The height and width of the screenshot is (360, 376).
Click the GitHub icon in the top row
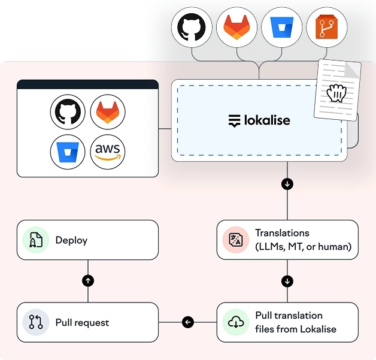pyautogui.click(x=192, y=27)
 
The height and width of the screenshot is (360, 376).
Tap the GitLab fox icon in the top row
pyautogui.click(x=236, y=27)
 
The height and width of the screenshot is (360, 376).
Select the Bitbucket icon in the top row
pyautogui.click(x=281, y=27)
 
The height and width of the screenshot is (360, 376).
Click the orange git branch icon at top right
pyautogui.click(x=326, y=27)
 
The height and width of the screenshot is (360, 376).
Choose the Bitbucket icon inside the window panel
pyautogui.click(x=66, y=151)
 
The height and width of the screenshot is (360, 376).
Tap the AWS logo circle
pyautogui.click(x=108, y=151)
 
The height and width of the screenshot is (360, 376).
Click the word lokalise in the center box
pyautogui.click(x=266, y=120)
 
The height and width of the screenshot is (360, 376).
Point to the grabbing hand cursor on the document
pyautogui.click(x=337, y=93)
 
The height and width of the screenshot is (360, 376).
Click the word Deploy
pyautogui.click(x=71, y=240)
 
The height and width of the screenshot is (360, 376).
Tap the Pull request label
pyautogui.click(x=82, y=322)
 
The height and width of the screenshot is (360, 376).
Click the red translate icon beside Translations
pyautogui.click(x=236, y=240)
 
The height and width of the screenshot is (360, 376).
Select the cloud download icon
pyautogui.click(x=236, y=322)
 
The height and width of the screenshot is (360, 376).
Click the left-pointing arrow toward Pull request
pyautogui.click(x=187, y=322)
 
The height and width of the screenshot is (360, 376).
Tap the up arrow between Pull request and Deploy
pyautogui.click(x=88, y=280)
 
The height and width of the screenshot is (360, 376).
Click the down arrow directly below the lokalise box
pyautogui.click(x=287, y=184)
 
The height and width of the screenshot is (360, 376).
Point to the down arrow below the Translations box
pyautogui.click(x=287, y=280)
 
